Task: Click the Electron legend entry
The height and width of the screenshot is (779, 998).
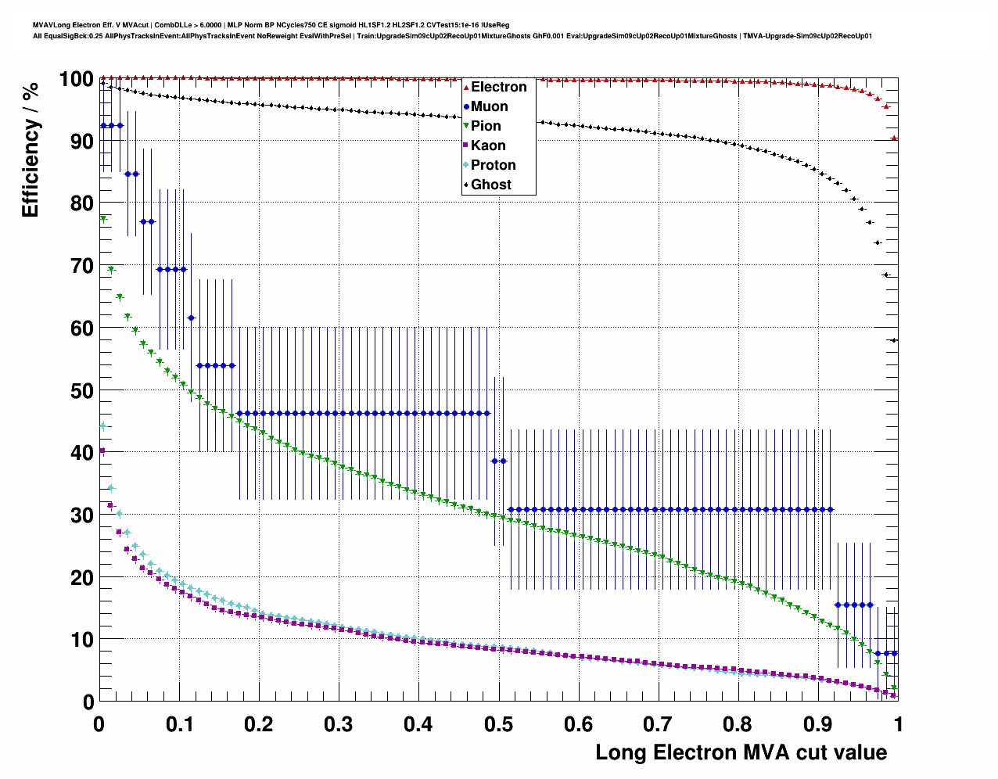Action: click(x=498, y=87)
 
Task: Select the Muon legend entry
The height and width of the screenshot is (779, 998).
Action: click(x=489, y=106)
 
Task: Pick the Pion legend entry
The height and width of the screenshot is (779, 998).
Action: click(x=486, y=126)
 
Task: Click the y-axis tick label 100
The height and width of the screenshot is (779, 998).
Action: click(x=76, y=79)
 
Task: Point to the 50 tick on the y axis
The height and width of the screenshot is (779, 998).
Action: click(x=82, y=390)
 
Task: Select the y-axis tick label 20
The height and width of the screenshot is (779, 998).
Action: click(x=82, y=577)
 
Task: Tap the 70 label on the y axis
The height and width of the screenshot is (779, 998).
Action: click(x=82, y=266)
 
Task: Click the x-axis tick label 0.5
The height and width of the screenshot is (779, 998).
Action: click(x=498, y=724)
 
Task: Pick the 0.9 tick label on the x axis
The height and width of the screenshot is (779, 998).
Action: click(x=817, y=724)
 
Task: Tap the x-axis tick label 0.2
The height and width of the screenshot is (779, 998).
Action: click(x=259, y=724)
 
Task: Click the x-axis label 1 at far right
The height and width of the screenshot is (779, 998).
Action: click(x=898, y=724)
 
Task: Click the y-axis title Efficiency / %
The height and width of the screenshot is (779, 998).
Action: click(x=30, y=149)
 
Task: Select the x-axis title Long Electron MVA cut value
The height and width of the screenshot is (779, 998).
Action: click(x=741, y=752)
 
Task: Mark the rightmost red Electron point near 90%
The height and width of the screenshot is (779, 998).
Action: click(x=894, y=138)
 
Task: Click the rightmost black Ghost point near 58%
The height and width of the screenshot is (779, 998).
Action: click(x=894, y=340)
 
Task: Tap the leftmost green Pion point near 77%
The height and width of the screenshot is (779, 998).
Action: click(x=103, y=220)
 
